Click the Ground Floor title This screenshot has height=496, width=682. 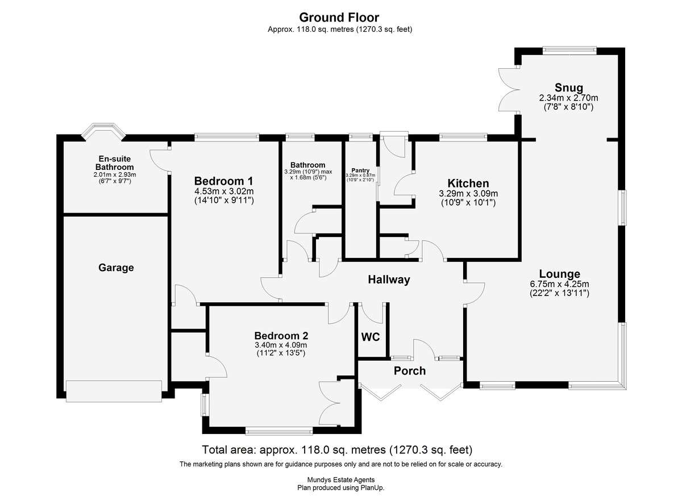pos(339,18)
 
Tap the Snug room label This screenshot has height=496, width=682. pos(569,87)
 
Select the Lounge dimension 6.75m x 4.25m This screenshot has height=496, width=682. pos(560,284)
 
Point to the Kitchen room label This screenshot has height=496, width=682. pos(468,183)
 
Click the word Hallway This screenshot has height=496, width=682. pos(389,280)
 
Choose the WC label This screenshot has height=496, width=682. pos(371,337)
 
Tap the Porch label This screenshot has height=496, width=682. pos(410,370)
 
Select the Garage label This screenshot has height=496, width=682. pos(116,268)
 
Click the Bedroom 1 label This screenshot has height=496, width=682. pos(224,181)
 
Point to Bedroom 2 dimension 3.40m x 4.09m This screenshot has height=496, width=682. pos(281,345)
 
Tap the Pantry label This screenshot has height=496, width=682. pos(360,170)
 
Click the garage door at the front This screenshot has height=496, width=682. pos(114,391)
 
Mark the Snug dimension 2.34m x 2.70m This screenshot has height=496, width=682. pos(569,98)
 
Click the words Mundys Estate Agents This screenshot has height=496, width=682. pos(341,480)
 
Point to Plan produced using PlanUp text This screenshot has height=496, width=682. pos(341,488)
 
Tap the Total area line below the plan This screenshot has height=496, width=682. pos(338,449)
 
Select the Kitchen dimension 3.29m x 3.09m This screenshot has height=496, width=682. pos(468,194)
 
